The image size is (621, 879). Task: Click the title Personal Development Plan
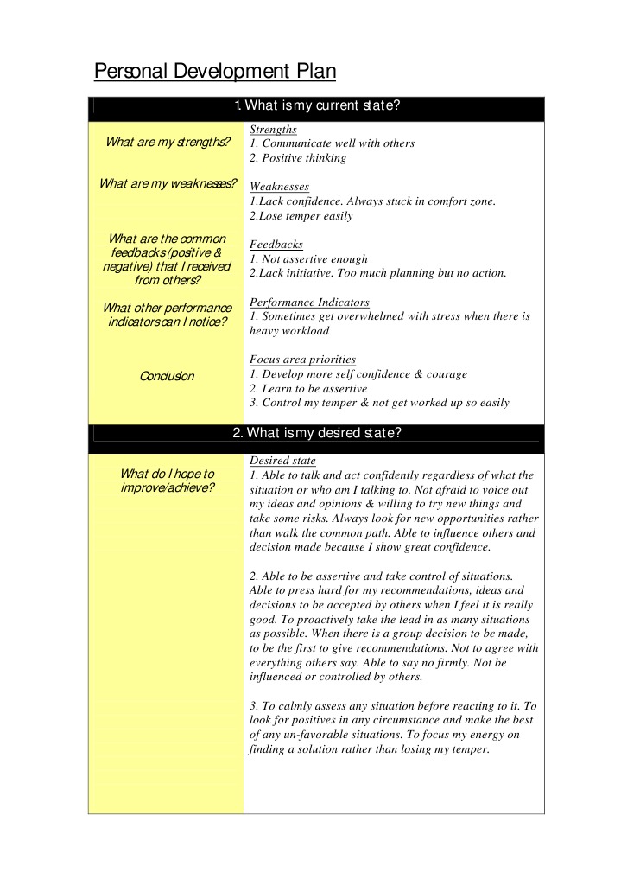coord(214,71)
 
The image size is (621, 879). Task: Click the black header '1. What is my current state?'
coord(316,106)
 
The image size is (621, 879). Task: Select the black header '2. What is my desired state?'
coord(316,433)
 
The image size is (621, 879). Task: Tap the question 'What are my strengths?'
coord(168,143)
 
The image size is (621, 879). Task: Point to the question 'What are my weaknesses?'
coord(168,183)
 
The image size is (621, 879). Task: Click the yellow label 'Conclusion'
coord(168,376)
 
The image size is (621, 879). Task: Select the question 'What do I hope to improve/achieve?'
coord(168,481)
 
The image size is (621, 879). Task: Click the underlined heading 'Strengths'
coord(273,130)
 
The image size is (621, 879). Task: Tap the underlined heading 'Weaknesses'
coord(279,187)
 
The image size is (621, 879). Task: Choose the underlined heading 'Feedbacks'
coord(276,245)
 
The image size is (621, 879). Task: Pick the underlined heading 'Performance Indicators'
coord(309,303)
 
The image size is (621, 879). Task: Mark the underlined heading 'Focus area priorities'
coord(302,360)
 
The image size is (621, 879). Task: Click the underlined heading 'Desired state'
coord(282,461)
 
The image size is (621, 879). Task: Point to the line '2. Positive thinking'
coord(297,158)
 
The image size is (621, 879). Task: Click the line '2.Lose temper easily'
coord(301,216)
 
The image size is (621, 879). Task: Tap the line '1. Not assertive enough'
coord(308,259)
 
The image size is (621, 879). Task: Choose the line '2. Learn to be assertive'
coord(308,389)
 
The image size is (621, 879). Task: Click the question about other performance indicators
coord(168,315)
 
